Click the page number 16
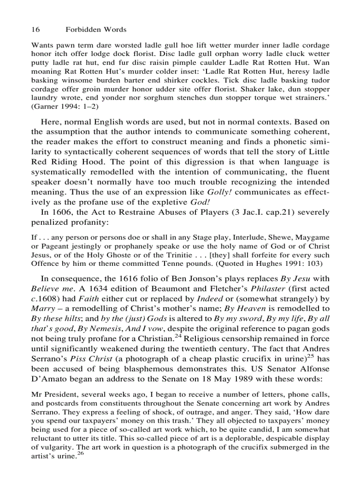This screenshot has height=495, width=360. point(36,30)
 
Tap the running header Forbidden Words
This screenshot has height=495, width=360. point(96,30)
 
